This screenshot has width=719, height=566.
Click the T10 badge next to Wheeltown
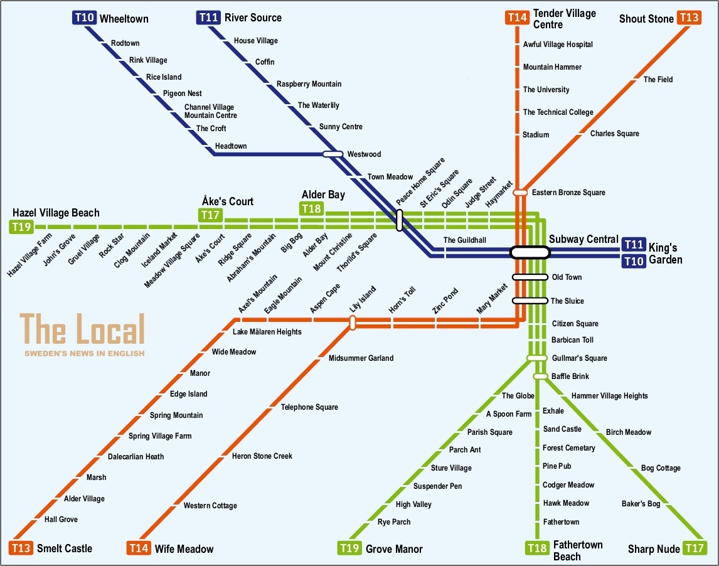click(84, 18)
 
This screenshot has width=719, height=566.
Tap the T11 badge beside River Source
click(208, 18)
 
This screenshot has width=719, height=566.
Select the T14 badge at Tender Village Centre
click(518, 18)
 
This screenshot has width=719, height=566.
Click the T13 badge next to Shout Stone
click(689, 18)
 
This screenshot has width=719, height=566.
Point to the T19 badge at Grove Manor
click(349, 548)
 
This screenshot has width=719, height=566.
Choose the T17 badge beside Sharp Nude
click(695, 548)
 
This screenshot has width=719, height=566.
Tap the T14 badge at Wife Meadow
click(139, 548)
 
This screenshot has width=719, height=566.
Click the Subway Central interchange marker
click(530, 252)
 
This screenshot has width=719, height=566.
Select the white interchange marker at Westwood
click(333, 154)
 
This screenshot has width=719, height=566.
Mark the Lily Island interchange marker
click(353, 323)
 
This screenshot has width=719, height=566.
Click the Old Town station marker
click(530, 277)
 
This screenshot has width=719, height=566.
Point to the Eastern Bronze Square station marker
click(520, 193)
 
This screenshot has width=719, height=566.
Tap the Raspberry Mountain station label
click(309, 84)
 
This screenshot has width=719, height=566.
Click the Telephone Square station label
click(309, 407)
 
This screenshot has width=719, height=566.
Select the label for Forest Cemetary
click(569, 448)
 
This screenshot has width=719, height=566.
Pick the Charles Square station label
click(615, 134)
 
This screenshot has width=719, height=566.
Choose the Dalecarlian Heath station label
click(136, 457)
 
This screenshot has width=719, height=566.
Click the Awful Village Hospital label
click(558, 45)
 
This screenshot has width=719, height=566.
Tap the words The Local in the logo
click(82, 329)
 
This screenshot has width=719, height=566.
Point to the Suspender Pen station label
click(437, 486)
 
